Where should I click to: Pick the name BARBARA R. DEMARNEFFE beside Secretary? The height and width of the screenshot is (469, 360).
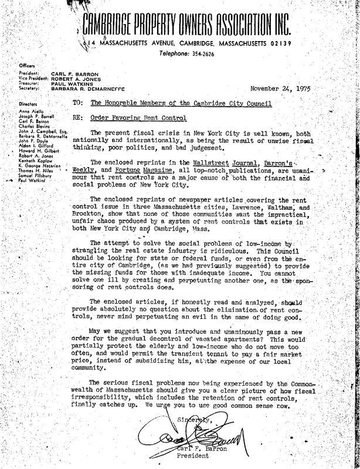point(85,89)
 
